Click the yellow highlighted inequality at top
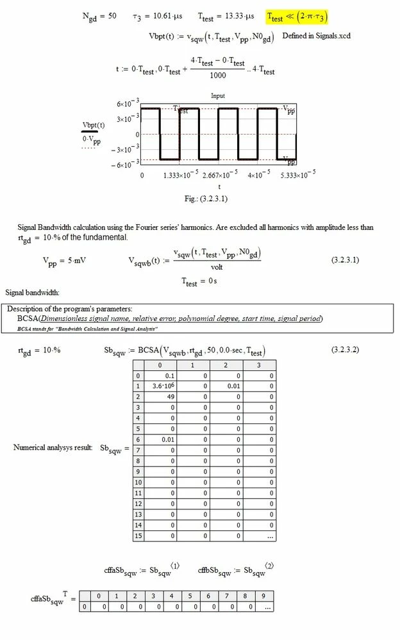[299, 17]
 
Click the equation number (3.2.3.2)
[347, 350]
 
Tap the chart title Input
[218, 95]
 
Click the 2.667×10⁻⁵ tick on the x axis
[220, 175]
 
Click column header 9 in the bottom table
[264, 595]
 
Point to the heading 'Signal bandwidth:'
[33, 293]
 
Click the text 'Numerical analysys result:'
[53, 447]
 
